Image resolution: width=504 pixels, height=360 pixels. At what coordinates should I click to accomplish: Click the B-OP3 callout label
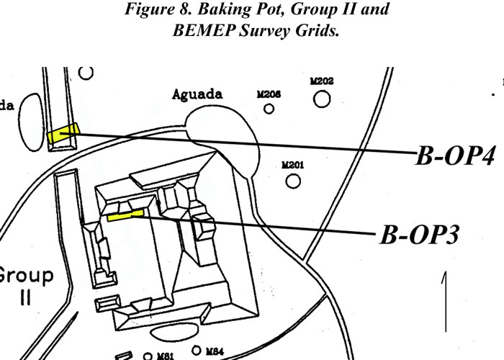pyautogui.click(x=418, y=235)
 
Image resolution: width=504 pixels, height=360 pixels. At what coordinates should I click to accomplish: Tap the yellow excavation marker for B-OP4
pyautogui.click(x=62, y=133)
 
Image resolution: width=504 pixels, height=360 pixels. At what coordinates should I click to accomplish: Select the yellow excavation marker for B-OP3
pyautogui.click(x=126, y=214)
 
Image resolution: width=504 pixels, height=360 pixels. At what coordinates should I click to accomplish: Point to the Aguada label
pyautogui.click(x=197, y=94)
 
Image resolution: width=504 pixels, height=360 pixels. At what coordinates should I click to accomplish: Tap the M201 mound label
pyautogui.click(x=292, y=165)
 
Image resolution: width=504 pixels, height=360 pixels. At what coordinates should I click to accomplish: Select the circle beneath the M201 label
pyautogui.click(x=293, y=181)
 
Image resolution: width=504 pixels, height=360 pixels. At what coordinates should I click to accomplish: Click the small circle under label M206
pyautogui.click(x=269, y=109)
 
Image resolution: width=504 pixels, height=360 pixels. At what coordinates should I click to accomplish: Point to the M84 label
pyautogui.click(x=215, y=351)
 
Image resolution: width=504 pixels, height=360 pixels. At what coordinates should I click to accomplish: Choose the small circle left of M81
pyautogui.click(x=148, y=356)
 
